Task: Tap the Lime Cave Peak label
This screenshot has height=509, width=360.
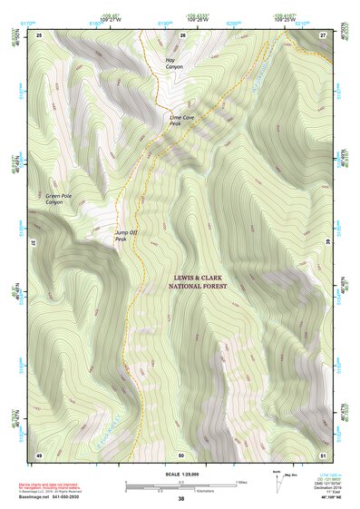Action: pos(181,120)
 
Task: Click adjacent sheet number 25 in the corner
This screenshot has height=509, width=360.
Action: pos(39,34)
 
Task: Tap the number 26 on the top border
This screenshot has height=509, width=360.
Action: pos(183,34)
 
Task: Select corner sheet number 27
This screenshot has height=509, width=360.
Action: pos(323,34)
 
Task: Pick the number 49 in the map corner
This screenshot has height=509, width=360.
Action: pos(39,454)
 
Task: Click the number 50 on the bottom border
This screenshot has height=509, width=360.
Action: pos(181,454)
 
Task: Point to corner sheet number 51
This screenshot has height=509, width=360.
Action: pos(323,454)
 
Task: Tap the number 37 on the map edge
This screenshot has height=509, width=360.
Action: pos(34,244)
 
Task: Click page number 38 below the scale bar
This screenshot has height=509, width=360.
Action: pos(181,499)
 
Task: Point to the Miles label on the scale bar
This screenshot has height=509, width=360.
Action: pos(241,481)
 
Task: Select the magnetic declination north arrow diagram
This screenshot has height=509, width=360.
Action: pos(276,481)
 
